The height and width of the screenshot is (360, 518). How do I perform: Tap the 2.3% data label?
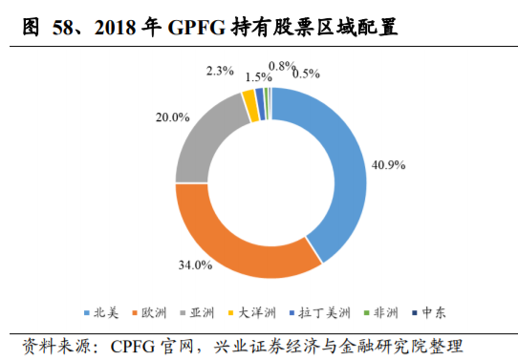pos(221,70)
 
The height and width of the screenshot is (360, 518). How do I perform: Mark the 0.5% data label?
pos(307,73)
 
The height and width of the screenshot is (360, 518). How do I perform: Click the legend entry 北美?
pos(104,312)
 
